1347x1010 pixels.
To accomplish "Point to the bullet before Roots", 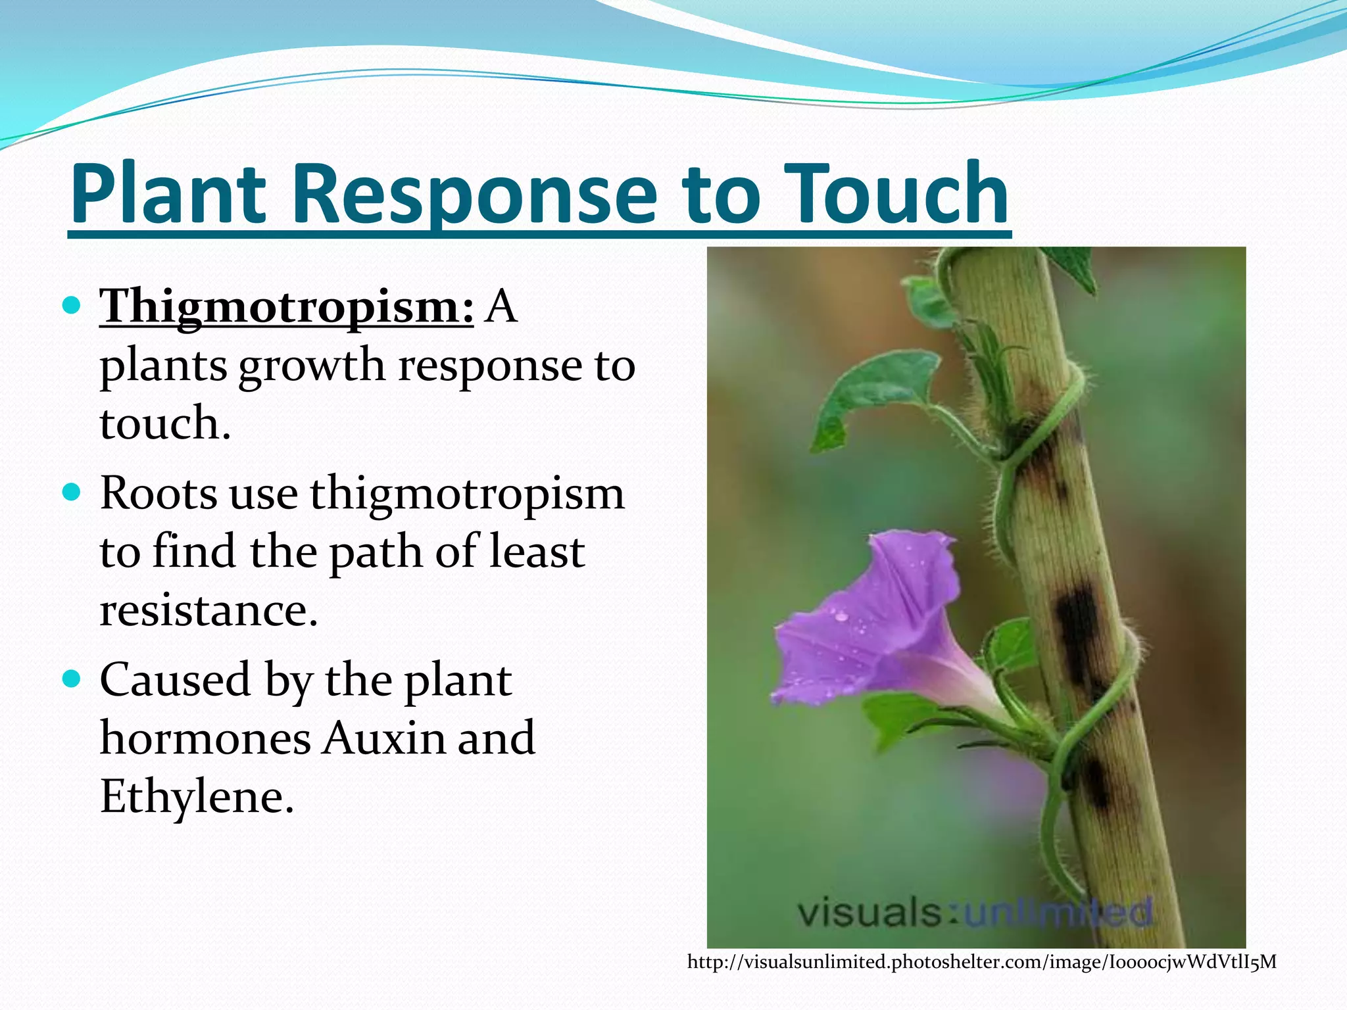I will coord(71,493).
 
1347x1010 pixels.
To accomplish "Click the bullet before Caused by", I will coord(71,679).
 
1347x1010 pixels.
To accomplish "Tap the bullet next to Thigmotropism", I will coord(71,306).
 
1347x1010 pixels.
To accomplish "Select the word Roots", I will coord(159,493).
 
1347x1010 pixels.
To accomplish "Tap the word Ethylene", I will coord(196,796).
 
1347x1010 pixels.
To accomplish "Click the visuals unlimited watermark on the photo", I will coord(973,913).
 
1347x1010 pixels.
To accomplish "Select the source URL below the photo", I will coord(981,963).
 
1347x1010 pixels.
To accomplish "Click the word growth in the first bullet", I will coord(311,366).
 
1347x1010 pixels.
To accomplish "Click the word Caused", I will coord(175,680).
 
